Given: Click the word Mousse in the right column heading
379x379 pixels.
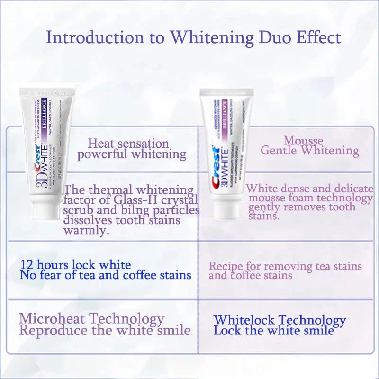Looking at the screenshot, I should (303, 141).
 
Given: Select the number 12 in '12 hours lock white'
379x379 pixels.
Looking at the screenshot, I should (27, 265).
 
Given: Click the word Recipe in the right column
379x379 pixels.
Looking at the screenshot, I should (225, 266).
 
